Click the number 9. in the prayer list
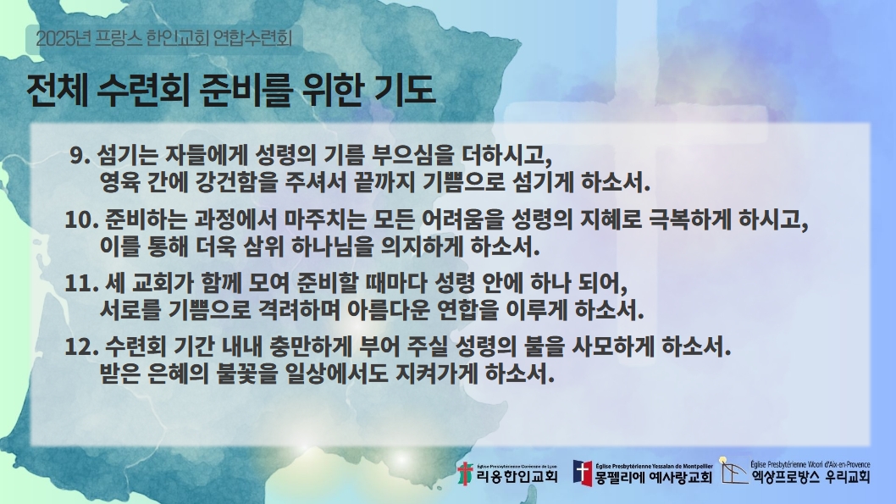click(x=80, y=156)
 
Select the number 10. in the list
click(x=83, y=220)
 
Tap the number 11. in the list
click(x=82, y=284)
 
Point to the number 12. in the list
click(x=83, y=347)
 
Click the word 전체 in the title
click(x=57, y=90)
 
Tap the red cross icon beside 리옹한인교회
click(x=465, y=474)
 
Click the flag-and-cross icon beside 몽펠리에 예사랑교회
click(x=583, y=474)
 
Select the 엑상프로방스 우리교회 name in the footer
click(x=810, y=477)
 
